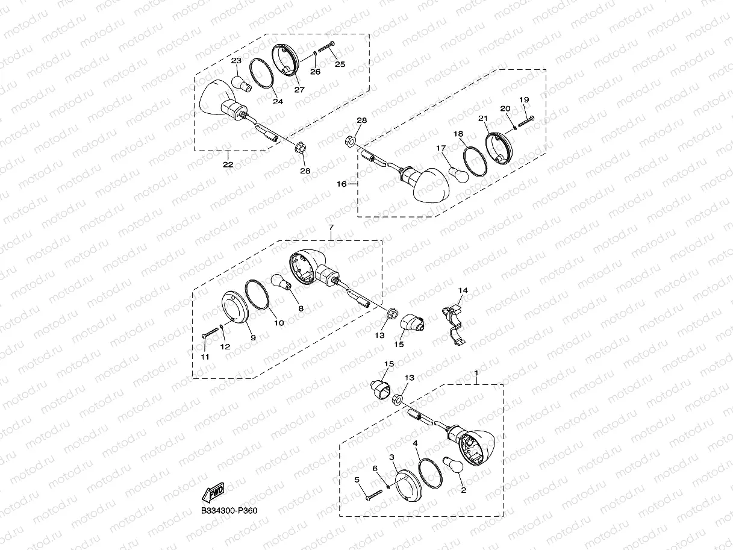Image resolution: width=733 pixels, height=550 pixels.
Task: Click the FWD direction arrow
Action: [213, 493]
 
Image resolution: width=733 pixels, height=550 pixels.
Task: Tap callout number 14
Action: [462, 291]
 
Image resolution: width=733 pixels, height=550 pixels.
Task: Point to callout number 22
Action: [228, 164]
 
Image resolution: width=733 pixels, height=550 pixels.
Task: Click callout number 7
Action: [331, 227]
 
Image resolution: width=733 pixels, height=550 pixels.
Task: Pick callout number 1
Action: [476, 373]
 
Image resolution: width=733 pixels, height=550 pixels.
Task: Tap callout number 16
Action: [342, 184]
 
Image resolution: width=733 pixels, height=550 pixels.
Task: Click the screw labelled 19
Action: [525, 120]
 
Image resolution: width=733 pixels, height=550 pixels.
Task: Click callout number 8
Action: [301, 308]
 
